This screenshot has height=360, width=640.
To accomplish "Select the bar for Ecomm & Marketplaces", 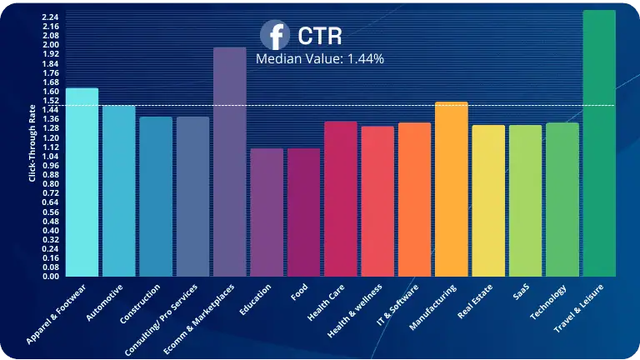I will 230,162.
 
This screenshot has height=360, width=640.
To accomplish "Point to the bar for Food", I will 304,212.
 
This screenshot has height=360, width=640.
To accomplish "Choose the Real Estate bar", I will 488,201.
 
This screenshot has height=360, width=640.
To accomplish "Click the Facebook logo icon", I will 275,36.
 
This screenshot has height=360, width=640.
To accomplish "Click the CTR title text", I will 318,37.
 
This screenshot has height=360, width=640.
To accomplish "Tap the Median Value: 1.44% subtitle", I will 319,59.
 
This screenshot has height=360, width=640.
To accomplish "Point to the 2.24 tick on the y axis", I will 49,17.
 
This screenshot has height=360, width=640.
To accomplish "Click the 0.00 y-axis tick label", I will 49,277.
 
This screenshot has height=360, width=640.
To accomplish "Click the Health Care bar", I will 341,199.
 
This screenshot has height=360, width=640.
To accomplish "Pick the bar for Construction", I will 156,197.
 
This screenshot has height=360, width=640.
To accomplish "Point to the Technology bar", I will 562,199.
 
